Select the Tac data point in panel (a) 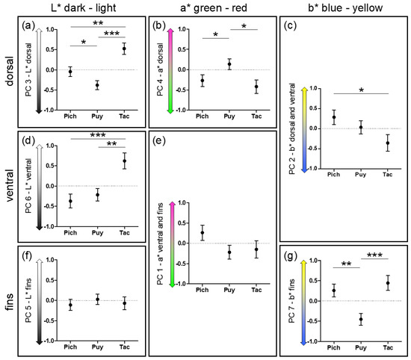coord(124,49)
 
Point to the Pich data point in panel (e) coord(202,233)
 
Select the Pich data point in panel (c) coord(333,117)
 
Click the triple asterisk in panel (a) coord(111,34)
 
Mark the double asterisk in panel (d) coord(111,144)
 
